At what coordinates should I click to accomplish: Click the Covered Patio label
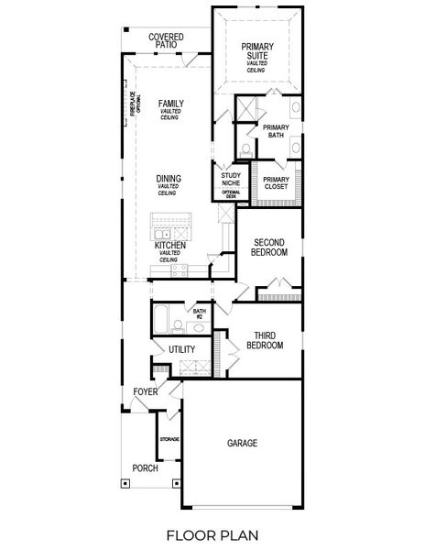click(166, 40)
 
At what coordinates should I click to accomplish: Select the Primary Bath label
click(275, 131)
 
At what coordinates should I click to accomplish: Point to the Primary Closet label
click(276, 182)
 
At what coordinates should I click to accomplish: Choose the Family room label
click(169, 104)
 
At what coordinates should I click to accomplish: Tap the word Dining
click(168, 179)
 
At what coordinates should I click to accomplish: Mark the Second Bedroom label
click(269, 247)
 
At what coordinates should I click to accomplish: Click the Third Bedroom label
click(265, 340)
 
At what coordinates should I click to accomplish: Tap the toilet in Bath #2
click(199, 327)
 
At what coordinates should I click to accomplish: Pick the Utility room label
click(181, 350)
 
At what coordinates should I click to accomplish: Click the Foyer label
click(145, 392)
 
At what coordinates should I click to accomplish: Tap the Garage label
click(242, 443)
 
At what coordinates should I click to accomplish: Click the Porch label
click(144, 467)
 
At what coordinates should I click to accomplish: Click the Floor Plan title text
click(212, 534)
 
